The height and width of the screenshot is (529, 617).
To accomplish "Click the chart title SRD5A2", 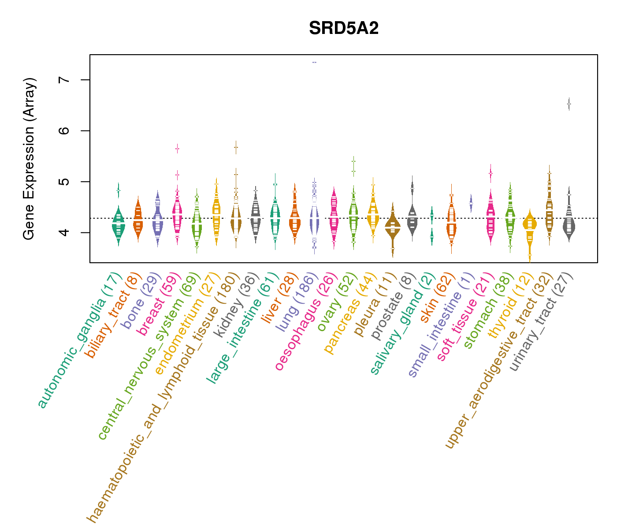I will point(344,28).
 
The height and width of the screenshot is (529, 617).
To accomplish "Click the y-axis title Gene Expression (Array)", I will point(29,159).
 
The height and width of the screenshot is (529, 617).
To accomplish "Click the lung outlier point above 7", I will point(314,62).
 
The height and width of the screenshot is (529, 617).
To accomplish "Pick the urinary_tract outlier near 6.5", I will point(569,104).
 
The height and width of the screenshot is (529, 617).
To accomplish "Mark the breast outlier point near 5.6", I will point(177,149).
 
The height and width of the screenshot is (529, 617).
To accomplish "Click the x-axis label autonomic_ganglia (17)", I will point(79,342).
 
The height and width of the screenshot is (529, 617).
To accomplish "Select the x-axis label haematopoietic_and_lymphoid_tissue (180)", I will point(163,397).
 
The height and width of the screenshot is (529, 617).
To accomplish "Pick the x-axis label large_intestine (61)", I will point(242,328).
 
